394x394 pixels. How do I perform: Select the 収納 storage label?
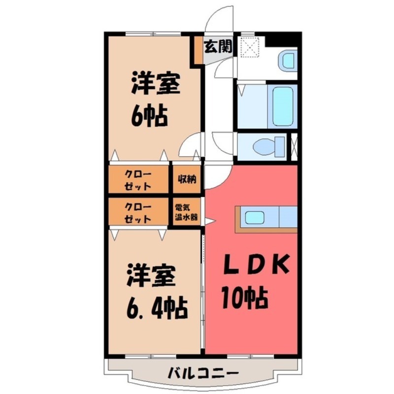pyautogui.click(x=187, y=179)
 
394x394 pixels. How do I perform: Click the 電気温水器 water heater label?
pyautogui.click(x=186, y=212)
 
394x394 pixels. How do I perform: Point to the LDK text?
pyautogui.click(x=256, y=265)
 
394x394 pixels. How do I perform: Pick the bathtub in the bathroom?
pyautogui.click(x=283, y=106)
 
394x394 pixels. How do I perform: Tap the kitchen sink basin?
pyautogui.click(x=254, y=217)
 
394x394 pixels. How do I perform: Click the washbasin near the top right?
pyautogui.click(x=288, y=62)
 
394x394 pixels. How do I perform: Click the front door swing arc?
pyautogui.click(x=218, y=18)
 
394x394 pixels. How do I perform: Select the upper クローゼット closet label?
pyautogui.click(x=138, y=180)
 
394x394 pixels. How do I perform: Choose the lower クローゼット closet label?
pyautogui.click(x=138, y=213)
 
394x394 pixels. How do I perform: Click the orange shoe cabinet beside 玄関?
pyautogui.click(x=199, y=50)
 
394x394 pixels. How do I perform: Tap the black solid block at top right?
pyautogui.click(x=283, y=41)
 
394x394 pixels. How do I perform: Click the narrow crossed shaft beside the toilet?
pyautogui.click(x=294, y=147)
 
